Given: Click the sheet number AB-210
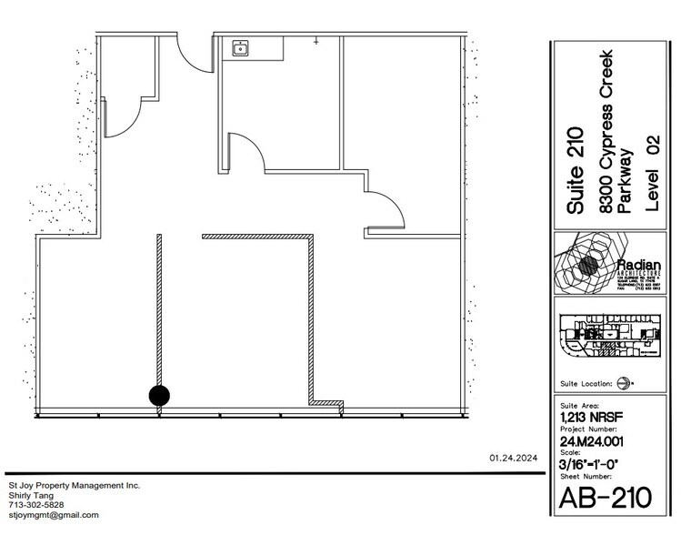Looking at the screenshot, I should tap(606, 500).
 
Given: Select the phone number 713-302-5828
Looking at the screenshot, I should tap(36, 505).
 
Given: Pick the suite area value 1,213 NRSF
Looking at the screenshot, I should tap(587, 419).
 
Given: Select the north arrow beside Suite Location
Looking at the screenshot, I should tap(624, 383).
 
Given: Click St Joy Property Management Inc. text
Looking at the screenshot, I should tap(74, 486).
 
